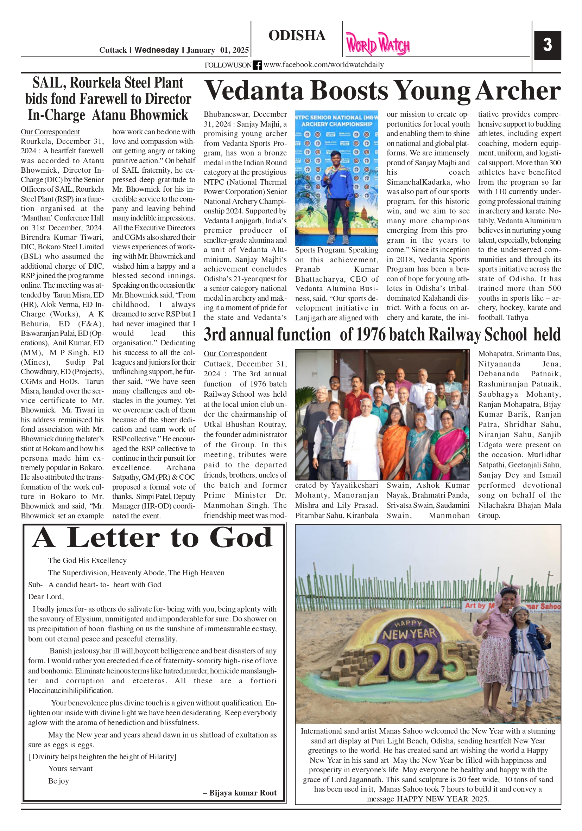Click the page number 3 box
click(547, 45)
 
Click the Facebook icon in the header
click(257, 65)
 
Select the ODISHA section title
click(297, 36)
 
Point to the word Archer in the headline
click(518, 90)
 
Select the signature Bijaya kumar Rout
click(243, 793)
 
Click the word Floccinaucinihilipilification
click(71, 691)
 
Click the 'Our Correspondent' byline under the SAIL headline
click(50, 132)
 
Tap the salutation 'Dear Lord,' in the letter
click(46, 597)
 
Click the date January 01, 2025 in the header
click(218, 50)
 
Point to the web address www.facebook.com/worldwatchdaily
click(323, 65)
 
